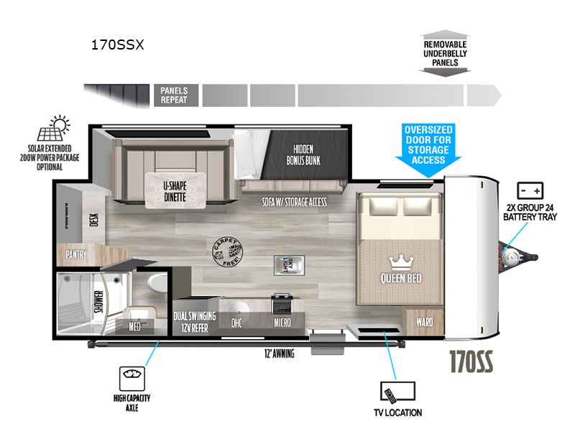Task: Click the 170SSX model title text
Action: [x=117, y=45]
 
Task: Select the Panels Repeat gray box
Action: [x=174, y=96]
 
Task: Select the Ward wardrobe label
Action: [x=424, y=323]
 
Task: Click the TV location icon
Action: [x=397, y=391]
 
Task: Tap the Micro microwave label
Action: [x=282, y=323]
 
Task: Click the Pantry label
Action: [x=76, y=254]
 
